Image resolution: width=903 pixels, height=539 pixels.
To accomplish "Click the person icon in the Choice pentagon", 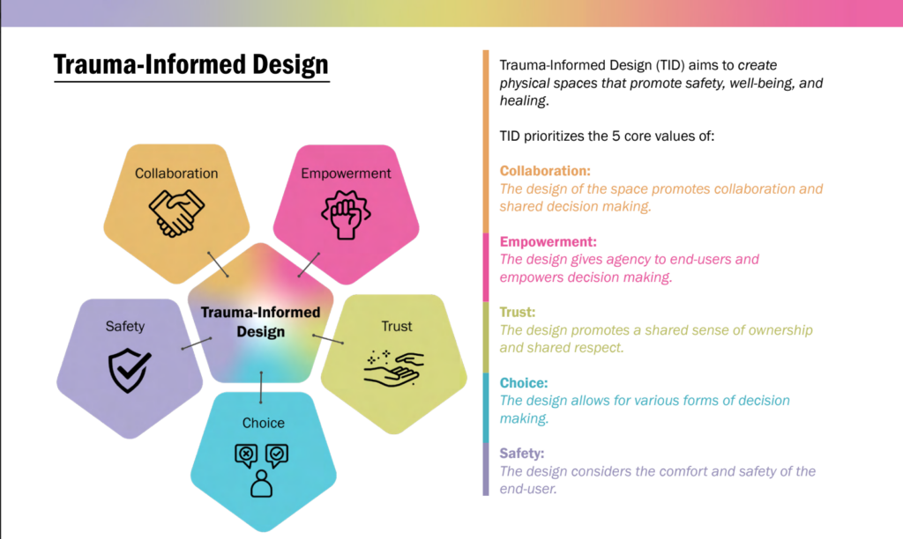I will pyautogui.click(x=262, y=484).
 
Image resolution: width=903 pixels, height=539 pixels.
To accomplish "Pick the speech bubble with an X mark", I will pyautogui.click(x=246, y=455).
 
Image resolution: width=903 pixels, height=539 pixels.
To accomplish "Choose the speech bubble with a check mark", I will pyautogui.click(x=277, y=455).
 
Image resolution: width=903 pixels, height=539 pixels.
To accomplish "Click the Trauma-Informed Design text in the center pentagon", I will pyautogui.click(x=260, y=321).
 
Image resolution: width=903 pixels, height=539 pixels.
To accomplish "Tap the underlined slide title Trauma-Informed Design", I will pyautogui.click(x=190, y=64).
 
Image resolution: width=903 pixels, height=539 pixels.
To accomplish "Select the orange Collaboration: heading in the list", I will pyautogui.click(x=545, y=171).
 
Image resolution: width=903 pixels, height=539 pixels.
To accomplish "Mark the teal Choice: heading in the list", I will pyautogui.click(x=524, y=383).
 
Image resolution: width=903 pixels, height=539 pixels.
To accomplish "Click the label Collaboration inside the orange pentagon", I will pyautogui.click(x=176, y=174).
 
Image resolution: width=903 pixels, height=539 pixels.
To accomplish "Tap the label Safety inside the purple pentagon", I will pyautogui.click(x=125, y=326).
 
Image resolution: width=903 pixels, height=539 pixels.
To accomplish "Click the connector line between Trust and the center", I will pyautogui.click(x=328, y=338).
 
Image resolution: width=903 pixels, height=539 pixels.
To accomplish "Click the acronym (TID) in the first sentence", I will pyautogui.click(x=648, y=66).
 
